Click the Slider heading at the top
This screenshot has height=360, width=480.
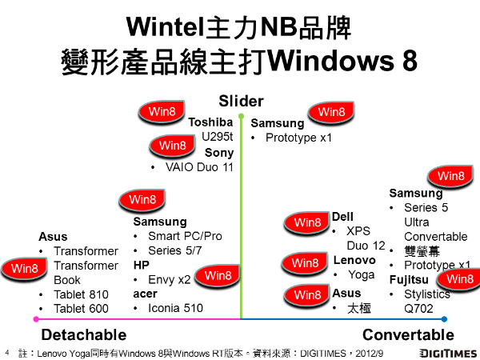point(241,101)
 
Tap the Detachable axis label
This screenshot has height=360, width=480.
point(84,334)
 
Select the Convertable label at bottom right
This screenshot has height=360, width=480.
point(407,334)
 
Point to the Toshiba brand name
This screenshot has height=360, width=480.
point(210,122)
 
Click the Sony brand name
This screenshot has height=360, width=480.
point(218,152)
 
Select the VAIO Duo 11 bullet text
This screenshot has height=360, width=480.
point(199,167)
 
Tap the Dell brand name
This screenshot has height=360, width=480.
point(342,217)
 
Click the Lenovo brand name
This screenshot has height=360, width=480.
point(354,259)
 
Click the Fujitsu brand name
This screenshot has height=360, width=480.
point(409,279)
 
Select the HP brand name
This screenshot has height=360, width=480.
point(142,265)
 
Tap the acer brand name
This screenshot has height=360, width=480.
point(145,294)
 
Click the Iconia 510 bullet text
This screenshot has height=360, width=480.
point(175,308)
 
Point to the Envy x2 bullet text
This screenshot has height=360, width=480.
point(170,279)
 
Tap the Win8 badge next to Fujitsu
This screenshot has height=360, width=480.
point(459,279)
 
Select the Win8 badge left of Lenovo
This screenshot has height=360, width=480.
point(304,262)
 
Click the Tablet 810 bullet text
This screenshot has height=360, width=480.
point(81,294)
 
